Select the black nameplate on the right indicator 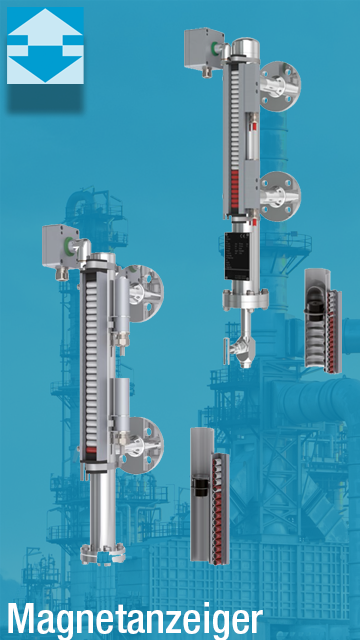coord(238,256)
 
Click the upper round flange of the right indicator coord(280,86)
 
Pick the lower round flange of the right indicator coord(280,196)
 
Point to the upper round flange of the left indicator coord(143,293)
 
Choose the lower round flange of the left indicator coord(143,445)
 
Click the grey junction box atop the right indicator coord(204,49)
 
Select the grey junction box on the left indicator coord(60,246)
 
